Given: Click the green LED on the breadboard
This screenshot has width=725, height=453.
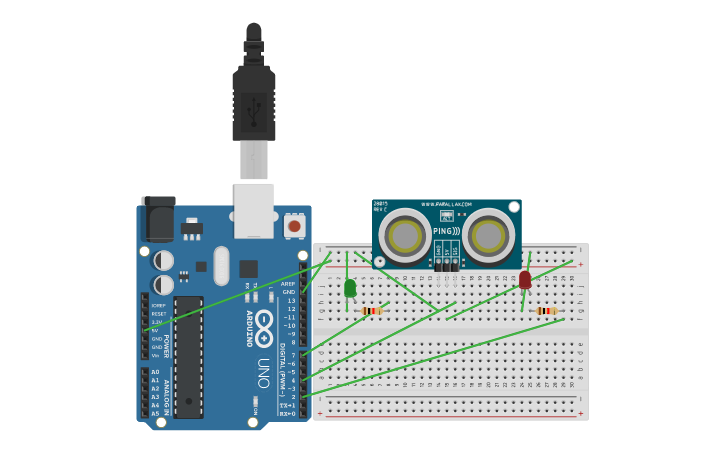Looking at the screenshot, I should [349, 288].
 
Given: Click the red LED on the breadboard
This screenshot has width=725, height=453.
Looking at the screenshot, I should [525, 280].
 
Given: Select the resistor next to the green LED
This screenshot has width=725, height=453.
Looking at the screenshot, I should [372, 311].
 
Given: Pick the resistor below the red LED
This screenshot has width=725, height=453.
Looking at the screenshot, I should [546, 311].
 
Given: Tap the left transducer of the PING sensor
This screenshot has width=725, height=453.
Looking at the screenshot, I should [407, 236].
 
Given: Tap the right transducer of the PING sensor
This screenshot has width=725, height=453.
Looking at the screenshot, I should [488, 236].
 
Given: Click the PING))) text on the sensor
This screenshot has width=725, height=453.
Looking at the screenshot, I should [446, 231].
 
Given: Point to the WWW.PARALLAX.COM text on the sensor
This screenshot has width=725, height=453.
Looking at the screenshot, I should [446, 204].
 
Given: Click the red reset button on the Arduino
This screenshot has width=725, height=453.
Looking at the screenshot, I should [294, 226].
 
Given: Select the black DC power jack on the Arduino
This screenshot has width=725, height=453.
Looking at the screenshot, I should [157, 219].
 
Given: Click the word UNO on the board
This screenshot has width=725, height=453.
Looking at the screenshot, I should [263, 373].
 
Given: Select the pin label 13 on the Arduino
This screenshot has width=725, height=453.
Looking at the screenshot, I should [290, 300].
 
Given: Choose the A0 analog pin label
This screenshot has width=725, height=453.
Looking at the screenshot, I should [155, 372].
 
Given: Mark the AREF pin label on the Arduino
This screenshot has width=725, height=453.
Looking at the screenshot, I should [288, 283].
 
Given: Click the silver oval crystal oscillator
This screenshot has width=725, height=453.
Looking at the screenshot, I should [221, 266].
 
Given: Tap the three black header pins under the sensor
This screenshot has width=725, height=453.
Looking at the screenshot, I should [446, 264].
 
